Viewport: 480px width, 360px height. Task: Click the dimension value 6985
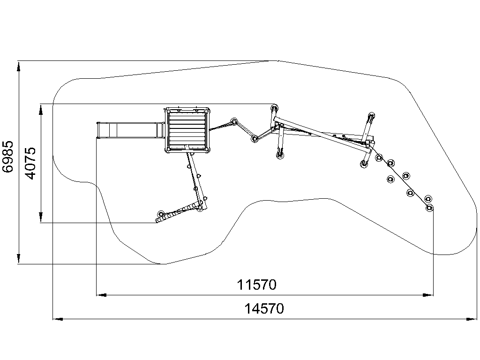(x=8, y=157)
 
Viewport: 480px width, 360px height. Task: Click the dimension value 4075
(x=31, y=163)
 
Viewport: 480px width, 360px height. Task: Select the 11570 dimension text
(x=256, y=285)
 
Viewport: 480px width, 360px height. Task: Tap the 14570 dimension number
(x=264, y=308)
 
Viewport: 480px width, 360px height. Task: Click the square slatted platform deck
(x=187, y=130)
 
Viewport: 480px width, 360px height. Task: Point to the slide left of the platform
(x=130, y=130)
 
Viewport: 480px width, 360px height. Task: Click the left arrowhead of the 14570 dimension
(x=58, y=319)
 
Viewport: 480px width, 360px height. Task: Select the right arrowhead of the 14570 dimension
(x=472, y=319)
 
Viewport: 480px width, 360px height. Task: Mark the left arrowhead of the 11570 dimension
(x=102, y=295)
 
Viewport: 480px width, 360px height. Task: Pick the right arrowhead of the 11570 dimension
(x=428, y=295)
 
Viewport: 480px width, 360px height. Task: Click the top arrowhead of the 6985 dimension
(x=19, y=66)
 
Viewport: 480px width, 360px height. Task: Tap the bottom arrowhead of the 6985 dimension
(x=19, y=258)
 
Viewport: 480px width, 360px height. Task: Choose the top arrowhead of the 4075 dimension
(x=41, y=110)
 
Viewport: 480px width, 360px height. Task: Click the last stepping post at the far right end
(x=429, y=208)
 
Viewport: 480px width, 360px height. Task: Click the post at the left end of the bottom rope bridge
(x=160, y=214)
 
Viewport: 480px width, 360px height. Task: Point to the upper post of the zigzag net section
(x=234, y=121)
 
